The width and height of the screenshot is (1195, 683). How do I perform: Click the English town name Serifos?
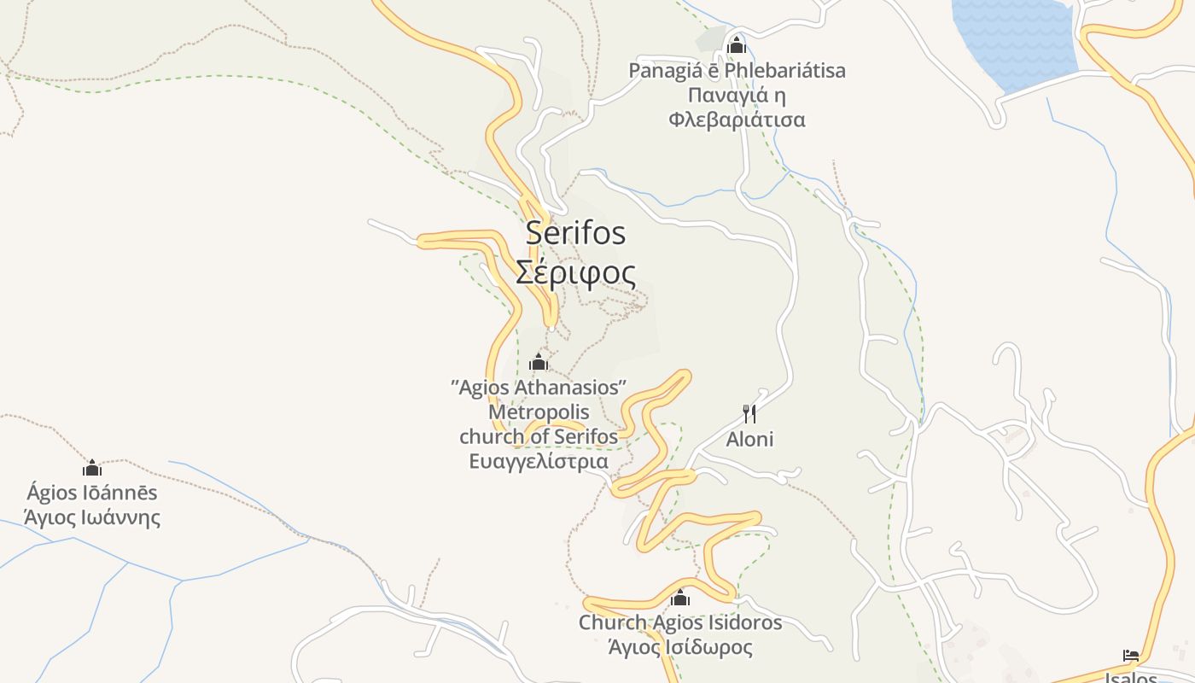pyautogui.click(x=575, y=232)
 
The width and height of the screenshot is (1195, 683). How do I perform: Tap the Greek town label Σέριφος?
pyautogui.click(x=575, y=272)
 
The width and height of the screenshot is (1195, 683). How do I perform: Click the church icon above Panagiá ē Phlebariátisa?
pyautogui.click(x=736, y=45)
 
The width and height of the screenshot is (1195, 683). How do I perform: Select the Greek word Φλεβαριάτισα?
pyautogui.click(x=737, y=120)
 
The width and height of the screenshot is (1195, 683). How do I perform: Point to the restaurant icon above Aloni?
pyautogui.click(x=749, y=414)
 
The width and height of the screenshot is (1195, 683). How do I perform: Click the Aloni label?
pyautogui.click(x=749, y=439)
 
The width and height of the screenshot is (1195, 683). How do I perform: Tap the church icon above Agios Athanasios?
pyautogui.click(x=538, y=363)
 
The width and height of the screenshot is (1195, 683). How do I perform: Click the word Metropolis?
pyautogui.click(x=539, y=412)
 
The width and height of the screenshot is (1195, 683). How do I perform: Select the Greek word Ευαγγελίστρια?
pyautogui.click(x=539, y=462)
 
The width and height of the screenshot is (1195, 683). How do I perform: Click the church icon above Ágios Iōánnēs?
pyautogui.click(x=92, y=468)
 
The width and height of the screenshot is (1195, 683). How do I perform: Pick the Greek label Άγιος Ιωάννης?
pyautogui.click(x=92, y=517)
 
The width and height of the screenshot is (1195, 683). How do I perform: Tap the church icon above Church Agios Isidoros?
pyautogui.click(x=680, y=598)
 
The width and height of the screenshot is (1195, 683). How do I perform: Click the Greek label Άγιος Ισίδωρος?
pyautogui.click(x=680, y=647)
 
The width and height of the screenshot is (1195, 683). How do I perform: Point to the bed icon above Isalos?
pyautogui.click(x=1131, y=656)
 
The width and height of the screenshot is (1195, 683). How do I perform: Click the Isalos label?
pyautogui.click(x=1131, y=677)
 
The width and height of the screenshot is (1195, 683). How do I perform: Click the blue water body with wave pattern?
pyautogui.click(x=1016, y=38)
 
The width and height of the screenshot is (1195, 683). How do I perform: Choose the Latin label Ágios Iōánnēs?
pyautogui.click(x=92, y=493)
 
